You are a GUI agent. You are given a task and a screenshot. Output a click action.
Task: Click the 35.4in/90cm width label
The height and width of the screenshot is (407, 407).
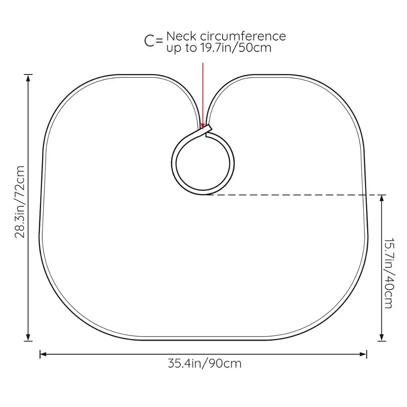(204, 363)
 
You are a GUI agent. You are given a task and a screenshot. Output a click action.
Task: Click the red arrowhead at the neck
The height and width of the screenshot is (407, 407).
(203, 126)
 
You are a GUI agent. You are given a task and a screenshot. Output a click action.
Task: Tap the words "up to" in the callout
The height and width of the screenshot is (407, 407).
(179, 48)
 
